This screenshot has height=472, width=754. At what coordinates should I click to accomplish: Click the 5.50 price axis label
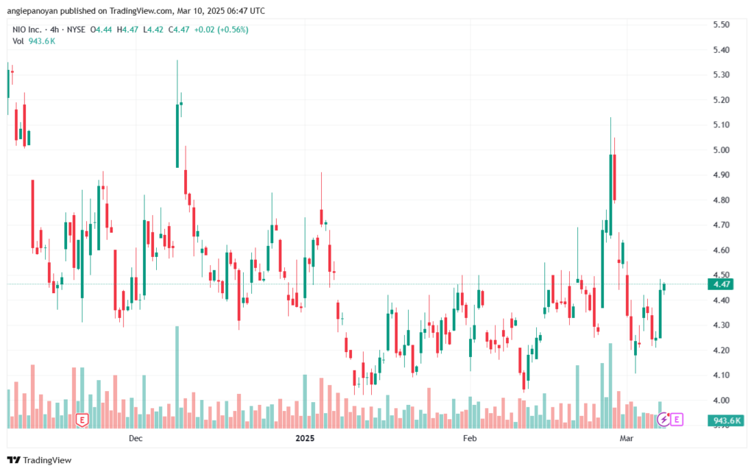(721, 24)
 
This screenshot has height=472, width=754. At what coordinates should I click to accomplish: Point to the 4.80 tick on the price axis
(721, 200)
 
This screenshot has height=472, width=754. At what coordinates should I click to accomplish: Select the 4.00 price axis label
(721, 401)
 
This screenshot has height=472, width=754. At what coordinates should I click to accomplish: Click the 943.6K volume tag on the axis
(726, 421)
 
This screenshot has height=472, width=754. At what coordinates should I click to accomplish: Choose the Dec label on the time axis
(135, 438)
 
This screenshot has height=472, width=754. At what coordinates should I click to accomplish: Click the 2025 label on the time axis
(305, 438)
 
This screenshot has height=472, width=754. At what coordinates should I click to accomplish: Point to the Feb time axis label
(470, 438)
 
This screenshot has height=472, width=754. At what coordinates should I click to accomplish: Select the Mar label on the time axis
(626, 438)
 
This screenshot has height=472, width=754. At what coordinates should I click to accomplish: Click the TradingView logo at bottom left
(40, 460)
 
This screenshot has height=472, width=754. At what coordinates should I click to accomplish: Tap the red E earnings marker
(82, 420)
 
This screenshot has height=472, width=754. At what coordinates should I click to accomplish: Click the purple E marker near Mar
(677, 420)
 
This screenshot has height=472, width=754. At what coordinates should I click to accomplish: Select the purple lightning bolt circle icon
(663, 420)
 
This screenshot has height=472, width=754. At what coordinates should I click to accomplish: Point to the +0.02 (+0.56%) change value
(221, 29)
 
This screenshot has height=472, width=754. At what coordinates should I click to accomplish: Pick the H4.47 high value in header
(127, 29)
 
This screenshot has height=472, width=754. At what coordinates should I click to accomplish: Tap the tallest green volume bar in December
(177, 377)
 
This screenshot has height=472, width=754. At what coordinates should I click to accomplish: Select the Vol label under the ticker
(18, 41)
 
